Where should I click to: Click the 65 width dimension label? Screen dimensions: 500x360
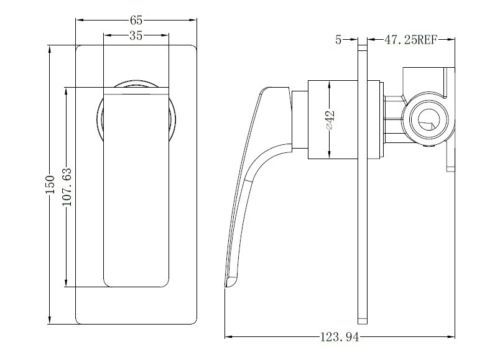pos(136,20)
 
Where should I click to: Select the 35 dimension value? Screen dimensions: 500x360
pos(136,35)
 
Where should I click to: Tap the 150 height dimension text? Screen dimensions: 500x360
pos(50,184)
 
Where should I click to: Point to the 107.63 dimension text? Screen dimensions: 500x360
pos(67,187)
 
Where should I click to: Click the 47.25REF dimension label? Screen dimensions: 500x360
pos(410,40)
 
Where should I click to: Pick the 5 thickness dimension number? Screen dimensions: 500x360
pos(338,40)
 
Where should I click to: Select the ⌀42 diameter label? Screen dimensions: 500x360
pos(330,119)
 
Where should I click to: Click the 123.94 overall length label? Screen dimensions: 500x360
pos(340,337)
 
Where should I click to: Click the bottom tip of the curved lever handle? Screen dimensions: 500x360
pos(227,287)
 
